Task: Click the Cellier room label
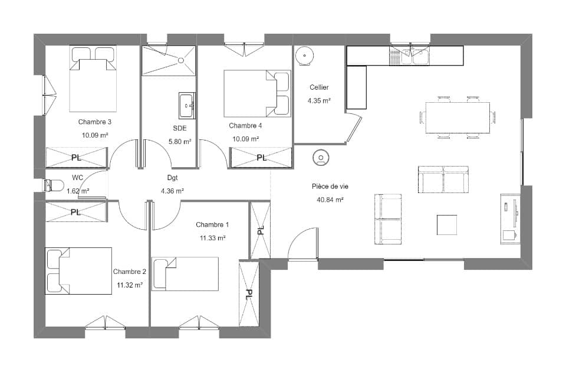click(319, 87)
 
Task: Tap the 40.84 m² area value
click(330, 200)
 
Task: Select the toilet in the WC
click(54, 185)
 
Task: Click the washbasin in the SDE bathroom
click(187, 106)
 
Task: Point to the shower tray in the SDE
click(168, 61)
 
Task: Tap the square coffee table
click(447, 225)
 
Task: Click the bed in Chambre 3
click(93, 79)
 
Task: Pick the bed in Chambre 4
click(256, 93)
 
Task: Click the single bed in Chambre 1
click(185, 273)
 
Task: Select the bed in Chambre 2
click(78, 271)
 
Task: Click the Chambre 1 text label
click(212, 224)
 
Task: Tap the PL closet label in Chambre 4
click(261, 158)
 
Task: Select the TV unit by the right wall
click(510, 218)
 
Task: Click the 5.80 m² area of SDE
click(180, 141)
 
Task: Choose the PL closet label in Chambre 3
click(76, 158)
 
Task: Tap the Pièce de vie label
click(330, 186)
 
